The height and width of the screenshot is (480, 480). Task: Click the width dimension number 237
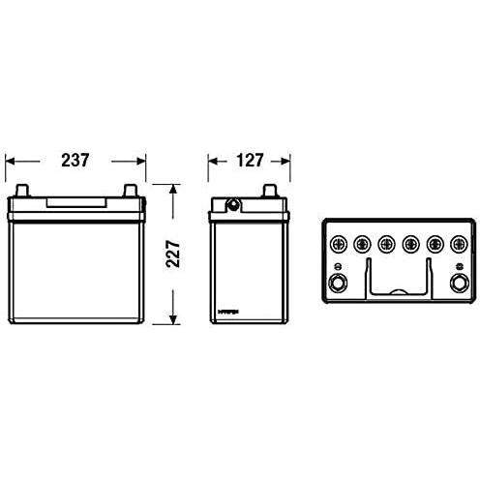click(x=74, y=163)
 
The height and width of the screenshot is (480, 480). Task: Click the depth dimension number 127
click(x=250, y=163)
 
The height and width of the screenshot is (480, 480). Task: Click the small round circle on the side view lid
click(x=232, y=204)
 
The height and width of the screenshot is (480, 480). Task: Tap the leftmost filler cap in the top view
click(x=338, y=243)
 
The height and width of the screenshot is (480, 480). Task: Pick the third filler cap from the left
click(x=385, y=243)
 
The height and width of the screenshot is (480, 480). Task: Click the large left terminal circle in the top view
click(x=338, y=285)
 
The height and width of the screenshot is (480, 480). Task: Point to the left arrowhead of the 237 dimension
click(x=10, y=163)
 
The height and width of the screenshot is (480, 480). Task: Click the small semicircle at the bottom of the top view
click(x=397, y=293)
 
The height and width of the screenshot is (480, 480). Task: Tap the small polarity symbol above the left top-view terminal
click(x=338, y=267)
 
